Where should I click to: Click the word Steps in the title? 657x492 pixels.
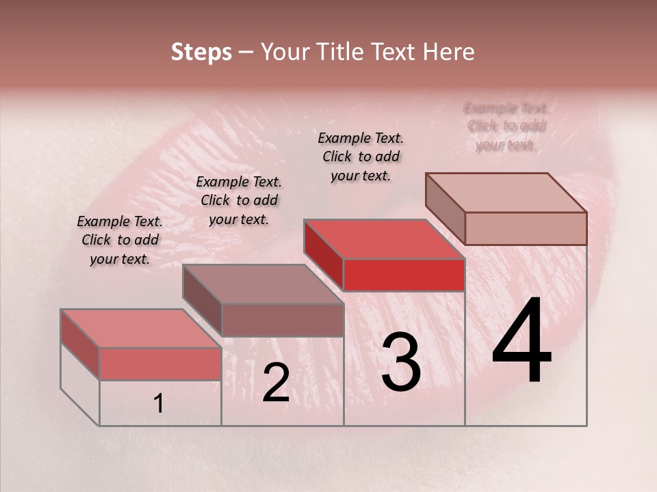point(201,52)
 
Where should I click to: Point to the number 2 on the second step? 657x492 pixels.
point(276,382)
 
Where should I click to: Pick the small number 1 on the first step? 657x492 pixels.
point(158,404)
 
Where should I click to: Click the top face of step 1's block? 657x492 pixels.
point(141,328)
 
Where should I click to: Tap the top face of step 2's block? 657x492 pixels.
point(263,284)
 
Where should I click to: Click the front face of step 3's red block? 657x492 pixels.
point(404,275)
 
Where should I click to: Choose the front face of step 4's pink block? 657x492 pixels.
point(526,228)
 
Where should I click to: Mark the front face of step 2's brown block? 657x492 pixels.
point(283,319)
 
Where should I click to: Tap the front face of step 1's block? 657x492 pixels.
point(160,363)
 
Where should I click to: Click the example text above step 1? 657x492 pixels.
point(119,240)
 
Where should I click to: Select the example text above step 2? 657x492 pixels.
point(239,200)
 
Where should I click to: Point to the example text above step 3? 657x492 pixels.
point(361,156)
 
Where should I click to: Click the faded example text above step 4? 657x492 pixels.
point(506,126)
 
